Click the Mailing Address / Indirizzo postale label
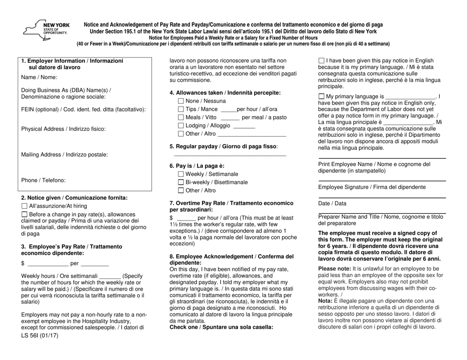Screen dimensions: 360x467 click(x=64, y=155)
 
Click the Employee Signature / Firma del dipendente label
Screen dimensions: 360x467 click(x=372, y=187)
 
